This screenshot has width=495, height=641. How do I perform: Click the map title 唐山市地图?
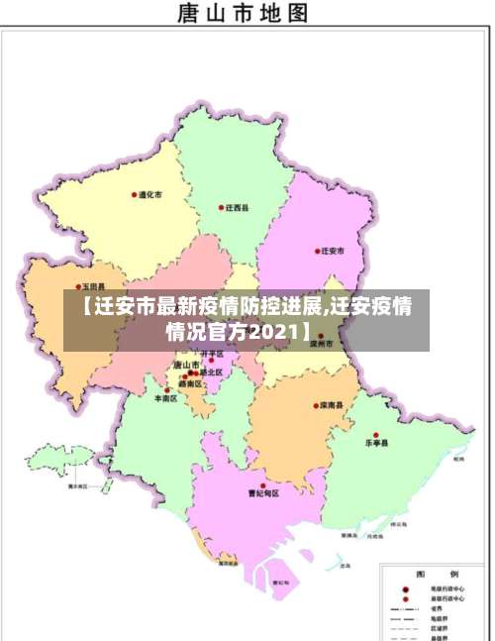[x=242, y=14]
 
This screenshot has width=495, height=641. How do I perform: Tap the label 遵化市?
[x=150, y=195]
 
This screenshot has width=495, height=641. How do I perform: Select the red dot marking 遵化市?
[x=135, y=195]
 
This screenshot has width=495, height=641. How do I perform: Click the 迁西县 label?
[x=237, y=208]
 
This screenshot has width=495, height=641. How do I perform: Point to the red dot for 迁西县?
[x=221, y=208]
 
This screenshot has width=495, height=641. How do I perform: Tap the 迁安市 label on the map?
[x=333, y=252]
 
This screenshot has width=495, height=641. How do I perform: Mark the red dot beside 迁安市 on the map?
[x=317, y=252]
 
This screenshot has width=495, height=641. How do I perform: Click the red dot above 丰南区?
[x=165, y=390]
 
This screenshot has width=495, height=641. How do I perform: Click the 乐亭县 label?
[x=378, y=443]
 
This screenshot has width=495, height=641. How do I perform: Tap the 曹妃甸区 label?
[x=263, y=493]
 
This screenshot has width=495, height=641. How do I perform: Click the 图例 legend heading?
[x=435, y=574]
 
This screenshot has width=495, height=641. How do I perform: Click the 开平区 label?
[x=212, y=354]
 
